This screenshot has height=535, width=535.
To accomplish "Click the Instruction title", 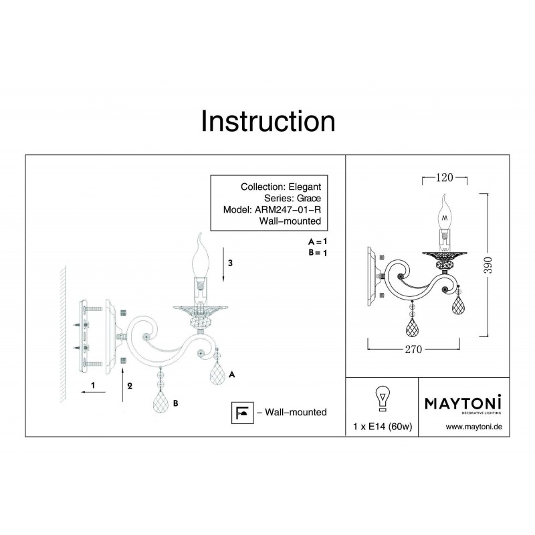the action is pos(268,121).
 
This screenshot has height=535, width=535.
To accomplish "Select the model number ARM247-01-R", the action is pos(288,209).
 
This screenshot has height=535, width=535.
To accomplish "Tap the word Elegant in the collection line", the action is pos(305,187).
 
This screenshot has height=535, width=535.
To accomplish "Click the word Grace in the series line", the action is pos(309,198).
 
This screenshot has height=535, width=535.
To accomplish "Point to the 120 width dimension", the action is pos(444,177).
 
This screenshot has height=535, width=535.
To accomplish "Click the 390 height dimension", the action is pos(488,265).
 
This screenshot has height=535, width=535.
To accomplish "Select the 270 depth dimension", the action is pos(413,349).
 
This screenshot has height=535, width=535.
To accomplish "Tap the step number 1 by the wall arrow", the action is pos(93,385).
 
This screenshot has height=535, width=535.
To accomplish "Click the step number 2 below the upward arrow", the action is pos(130,386).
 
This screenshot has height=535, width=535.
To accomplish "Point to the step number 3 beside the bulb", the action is pos(230,263).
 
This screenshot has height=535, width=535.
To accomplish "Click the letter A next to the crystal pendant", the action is pos(231,374).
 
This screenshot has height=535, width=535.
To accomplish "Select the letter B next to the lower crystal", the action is pos(175,403).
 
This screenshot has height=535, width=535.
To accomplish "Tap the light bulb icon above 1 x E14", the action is pos(382,399).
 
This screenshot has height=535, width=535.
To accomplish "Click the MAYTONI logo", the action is pos(463,404).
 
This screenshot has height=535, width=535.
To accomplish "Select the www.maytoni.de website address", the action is pos(474,427).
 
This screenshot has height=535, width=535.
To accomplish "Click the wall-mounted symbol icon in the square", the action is pos(242,413).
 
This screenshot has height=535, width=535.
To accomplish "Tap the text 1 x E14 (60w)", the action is pos(383,427).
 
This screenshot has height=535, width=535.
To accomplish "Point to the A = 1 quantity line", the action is pos(317,241).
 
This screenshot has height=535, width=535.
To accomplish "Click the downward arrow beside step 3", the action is pos(223,265).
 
